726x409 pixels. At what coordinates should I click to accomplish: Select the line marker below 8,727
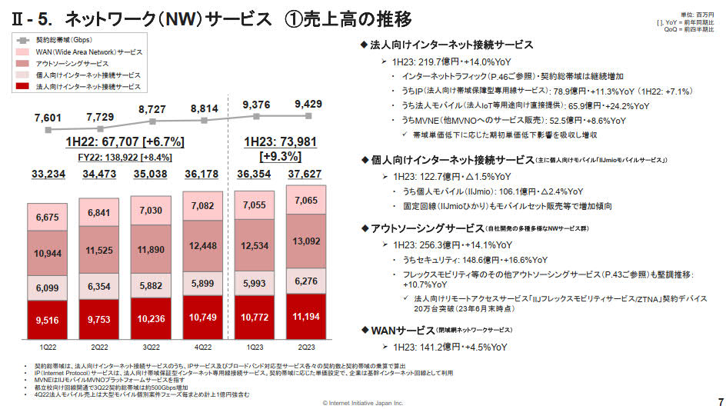pos(153,121)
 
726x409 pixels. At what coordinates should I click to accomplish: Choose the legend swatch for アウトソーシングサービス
pos(24,63)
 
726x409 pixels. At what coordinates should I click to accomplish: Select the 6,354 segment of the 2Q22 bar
pos(100,285)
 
